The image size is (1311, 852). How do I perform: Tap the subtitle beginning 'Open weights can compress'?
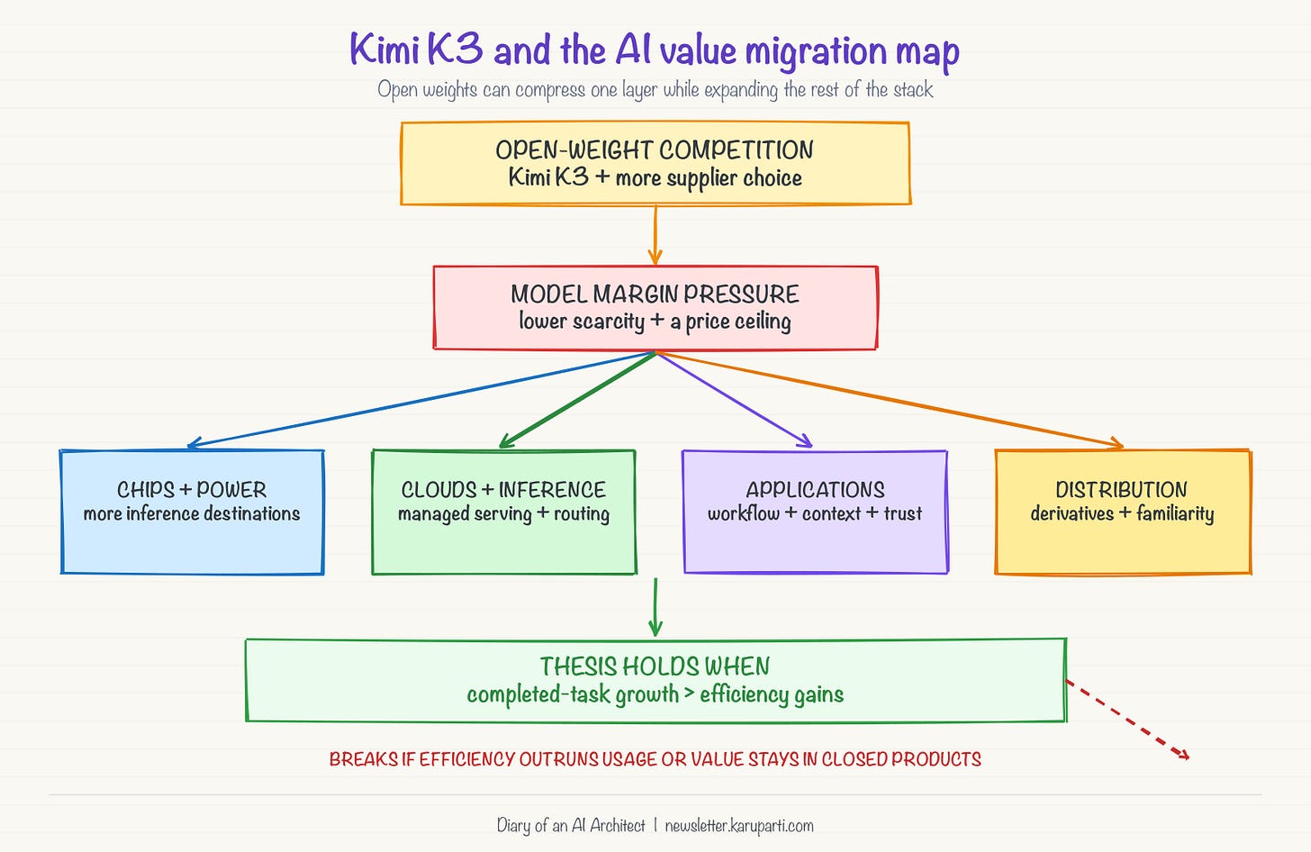click(655, 89)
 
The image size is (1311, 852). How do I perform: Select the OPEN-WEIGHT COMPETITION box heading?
click(655, 150)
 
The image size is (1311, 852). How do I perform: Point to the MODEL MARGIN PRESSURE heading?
click(655, 294)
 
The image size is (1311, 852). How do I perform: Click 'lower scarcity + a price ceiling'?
click(655, 322)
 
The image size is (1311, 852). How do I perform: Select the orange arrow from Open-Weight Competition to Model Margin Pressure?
click(655, 235)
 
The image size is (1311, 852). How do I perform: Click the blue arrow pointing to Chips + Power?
click(420, 400)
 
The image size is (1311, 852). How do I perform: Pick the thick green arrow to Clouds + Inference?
click(577, 400)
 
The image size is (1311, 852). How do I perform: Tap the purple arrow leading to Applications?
click(734, 399)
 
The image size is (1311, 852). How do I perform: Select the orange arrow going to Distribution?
click(890, 400)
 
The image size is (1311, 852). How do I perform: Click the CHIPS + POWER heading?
click(192, 490)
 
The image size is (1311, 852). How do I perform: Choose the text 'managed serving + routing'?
click(504, 514)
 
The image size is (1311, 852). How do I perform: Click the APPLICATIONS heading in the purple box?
click(815, 490)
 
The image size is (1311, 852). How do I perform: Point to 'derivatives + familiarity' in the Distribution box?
click(1123, 514)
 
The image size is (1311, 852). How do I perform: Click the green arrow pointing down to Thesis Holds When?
click(655, 607)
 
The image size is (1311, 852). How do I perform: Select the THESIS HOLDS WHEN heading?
click(655, 666)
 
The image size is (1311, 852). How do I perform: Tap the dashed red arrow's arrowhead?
click(1183, 755)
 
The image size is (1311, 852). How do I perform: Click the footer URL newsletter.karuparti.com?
click(739, 826)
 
